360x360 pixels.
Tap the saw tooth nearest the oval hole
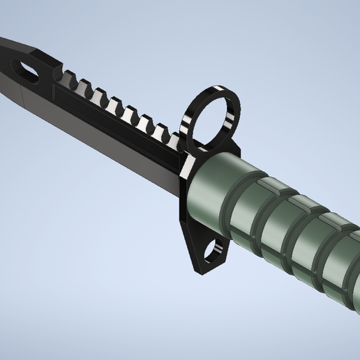tap(70, 77)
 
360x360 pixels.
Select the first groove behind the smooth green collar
tap(249, 209)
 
